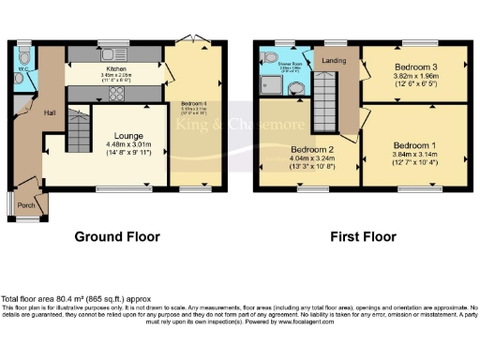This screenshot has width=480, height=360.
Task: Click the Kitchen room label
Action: (117, 68)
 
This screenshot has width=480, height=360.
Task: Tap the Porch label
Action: (26, 205)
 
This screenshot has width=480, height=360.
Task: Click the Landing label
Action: (333, 62)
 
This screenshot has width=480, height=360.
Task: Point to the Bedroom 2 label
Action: (310, 150)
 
